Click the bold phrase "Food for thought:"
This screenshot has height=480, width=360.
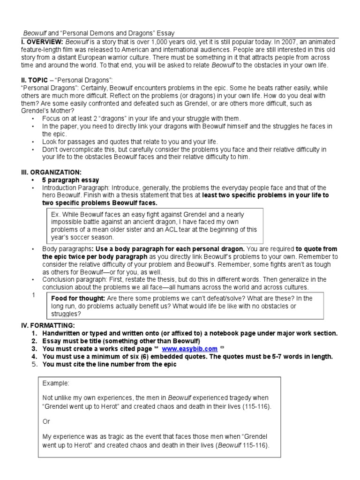point(78,298)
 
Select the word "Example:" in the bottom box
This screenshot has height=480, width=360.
point(55,383)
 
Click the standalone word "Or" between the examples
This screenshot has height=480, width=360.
point(46,421)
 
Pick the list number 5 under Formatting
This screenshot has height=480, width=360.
point(34,365)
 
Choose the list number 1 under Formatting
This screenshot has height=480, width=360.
point(34,333)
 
